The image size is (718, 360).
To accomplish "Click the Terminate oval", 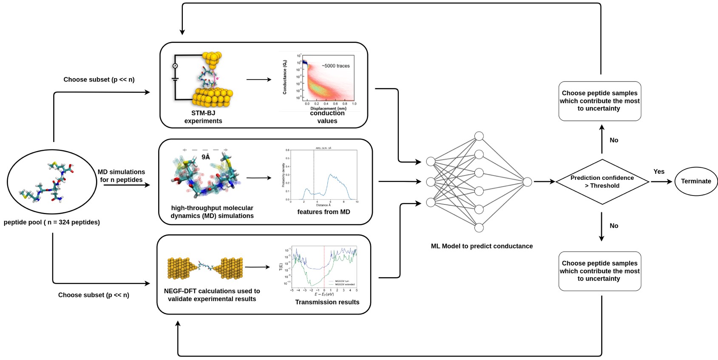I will click(696, 181).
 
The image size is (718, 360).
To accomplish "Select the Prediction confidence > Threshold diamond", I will click(602, 182).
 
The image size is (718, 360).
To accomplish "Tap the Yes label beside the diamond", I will click(658, 172).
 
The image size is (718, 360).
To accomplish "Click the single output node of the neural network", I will click(527, 182).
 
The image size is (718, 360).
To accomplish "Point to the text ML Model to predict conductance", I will click(482, 246).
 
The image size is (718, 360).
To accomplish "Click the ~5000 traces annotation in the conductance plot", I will click(335, 66).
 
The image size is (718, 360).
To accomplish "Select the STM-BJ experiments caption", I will click(203, 117).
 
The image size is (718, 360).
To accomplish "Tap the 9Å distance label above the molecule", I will click(206, 157).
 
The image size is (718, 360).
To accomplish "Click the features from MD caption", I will click(324, 212).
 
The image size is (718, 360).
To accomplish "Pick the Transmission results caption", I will click(327, 302).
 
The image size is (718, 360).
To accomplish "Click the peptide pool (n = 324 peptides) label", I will click(52, 222).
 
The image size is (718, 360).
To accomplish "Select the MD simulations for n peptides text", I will click(121, 176).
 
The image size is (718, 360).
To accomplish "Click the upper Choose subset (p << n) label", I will click(99, 79).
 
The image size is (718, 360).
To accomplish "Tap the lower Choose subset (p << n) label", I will click(94, 295).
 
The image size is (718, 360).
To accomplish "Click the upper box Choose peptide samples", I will click(599, 101).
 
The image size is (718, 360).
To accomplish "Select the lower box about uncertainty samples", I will click(599, 271).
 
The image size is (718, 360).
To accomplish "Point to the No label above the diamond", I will click(614, 140).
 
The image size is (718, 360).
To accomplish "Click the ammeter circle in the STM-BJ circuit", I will click(175, 66).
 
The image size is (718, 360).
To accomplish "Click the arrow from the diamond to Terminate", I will click(661, 181).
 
